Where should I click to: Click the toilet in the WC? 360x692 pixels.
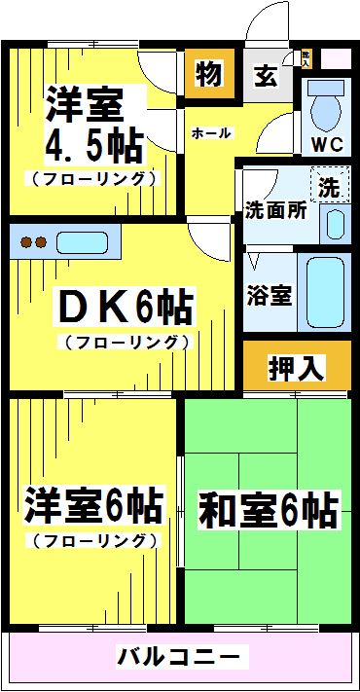coord(323,110)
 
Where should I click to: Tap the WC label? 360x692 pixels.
coord(326,147)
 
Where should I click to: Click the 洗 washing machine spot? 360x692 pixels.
coord(331,183)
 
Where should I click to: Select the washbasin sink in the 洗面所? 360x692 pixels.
coord(334,223)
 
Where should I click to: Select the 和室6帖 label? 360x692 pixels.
coord(268,509)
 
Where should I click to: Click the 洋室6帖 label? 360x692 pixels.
coord(93,506)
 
